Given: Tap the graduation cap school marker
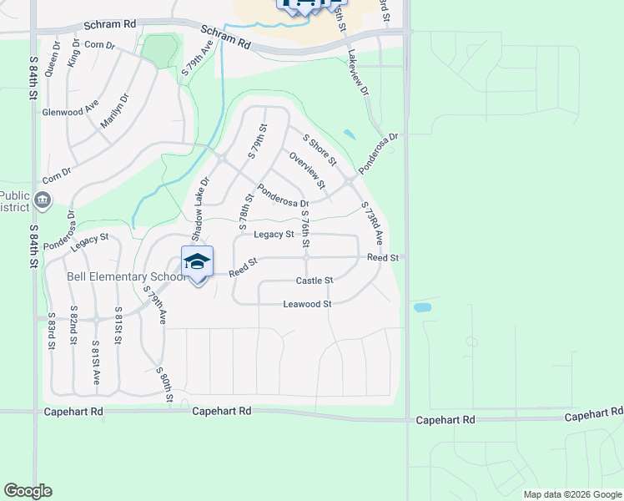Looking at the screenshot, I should [197, 262].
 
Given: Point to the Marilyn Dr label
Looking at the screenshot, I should [115, 112].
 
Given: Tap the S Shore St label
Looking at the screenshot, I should [320, 149].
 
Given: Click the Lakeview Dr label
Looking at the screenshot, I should [358, 77].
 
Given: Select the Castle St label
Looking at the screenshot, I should [315, 281].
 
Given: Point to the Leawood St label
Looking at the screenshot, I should [307, 304].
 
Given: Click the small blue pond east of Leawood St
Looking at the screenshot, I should [422, 307].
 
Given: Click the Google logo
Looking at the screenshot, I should [28, 491].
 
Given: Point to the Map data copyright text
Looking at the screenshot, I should [572, 494].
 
